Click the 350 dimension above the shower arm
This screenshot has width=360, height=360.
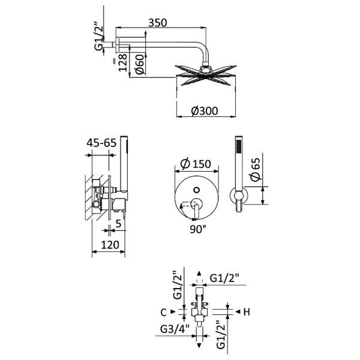point(157,22)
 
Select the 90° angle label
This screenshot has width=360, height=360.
point(198,229)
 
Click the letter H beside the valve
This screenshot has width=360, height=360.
point(246,311)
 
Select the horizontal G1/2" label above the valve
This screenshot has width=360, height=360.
point(226,278)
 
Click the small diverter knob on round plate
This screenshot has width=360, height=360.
point(196,191)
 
